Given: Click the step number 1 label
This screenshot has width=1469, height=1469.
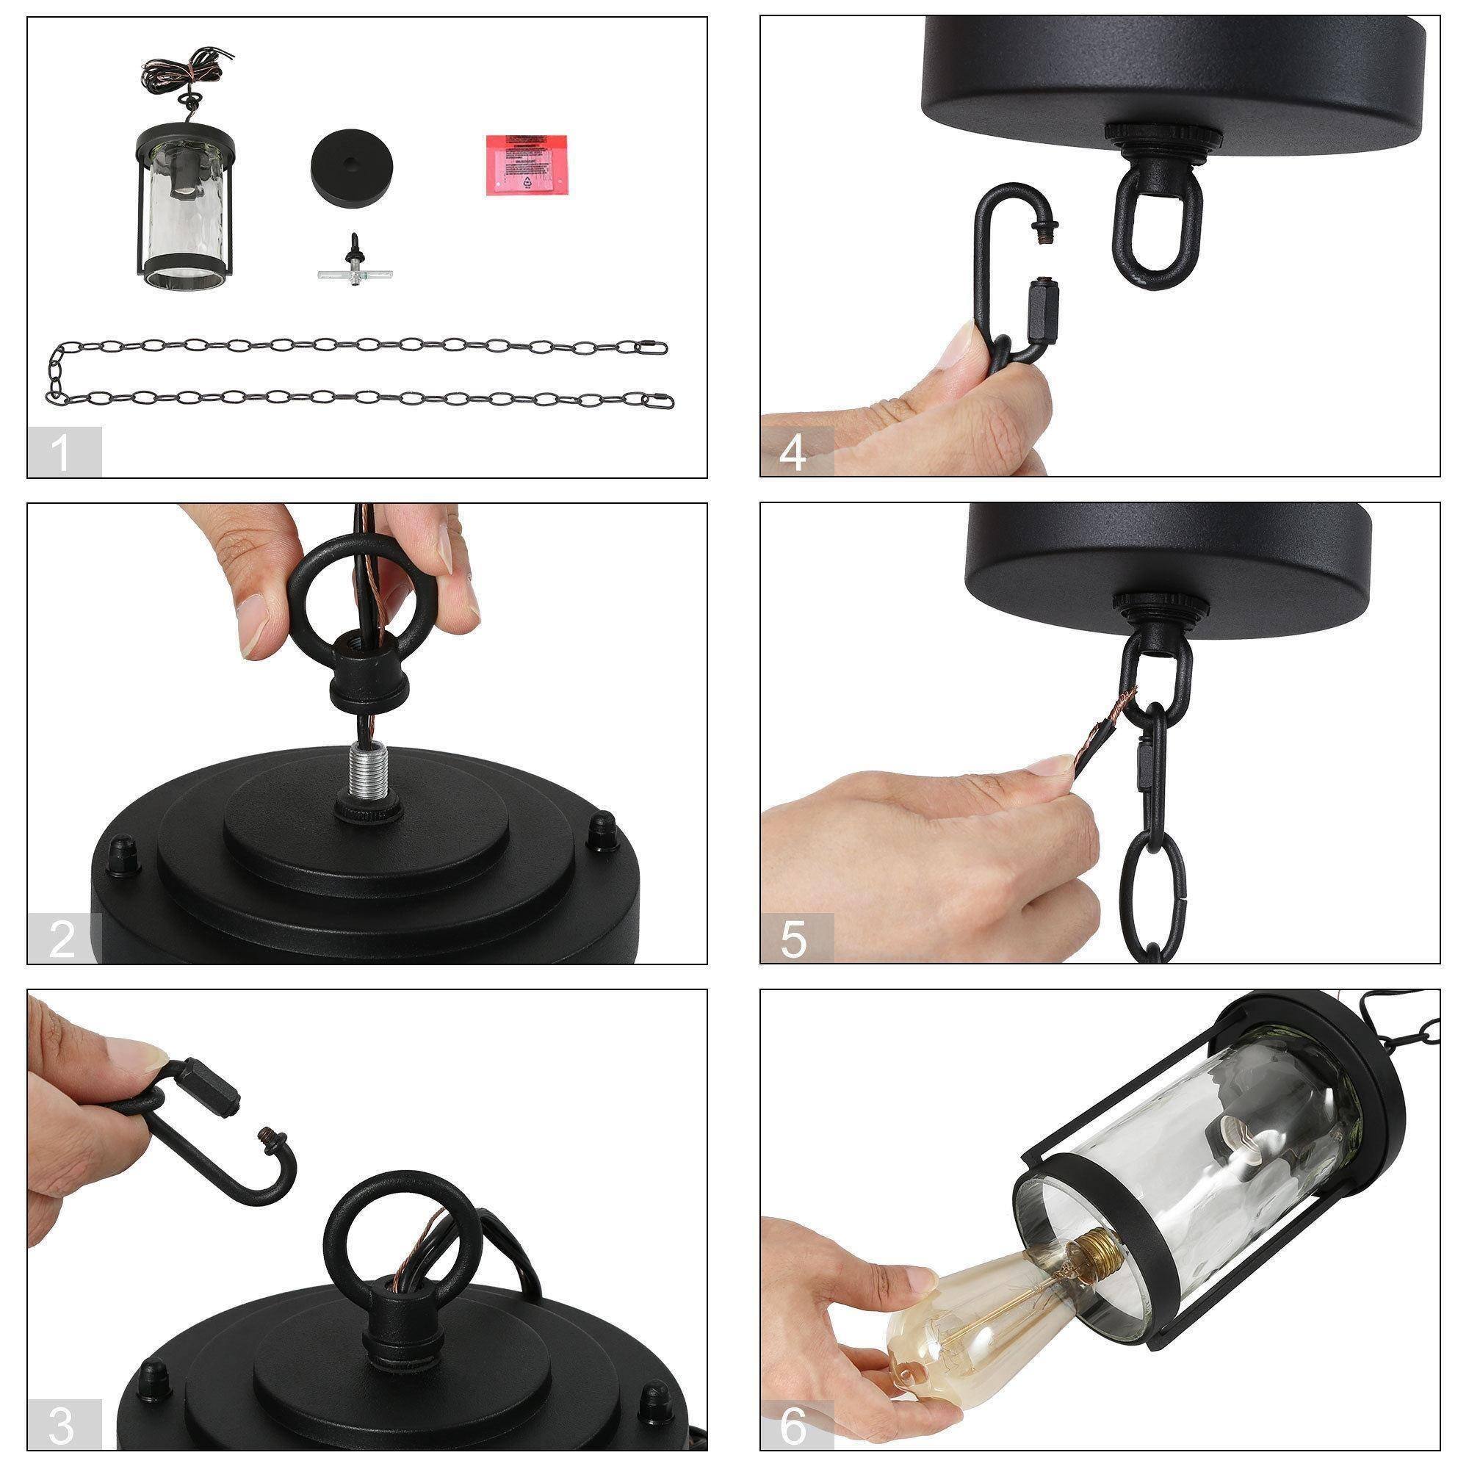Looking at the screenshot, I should click(62, 453).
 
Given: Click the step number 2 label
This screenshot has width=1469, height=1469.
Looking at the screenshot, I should click(62, 940).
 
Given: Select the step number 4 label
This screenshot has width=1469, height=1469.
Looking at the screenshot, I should click(795, 453).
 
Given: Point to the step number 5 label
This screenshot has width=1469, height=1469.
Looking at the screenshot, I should click(795, 940).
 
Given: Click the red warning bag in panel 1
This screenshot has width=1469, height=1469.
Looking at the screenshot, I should click(526, 165).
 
